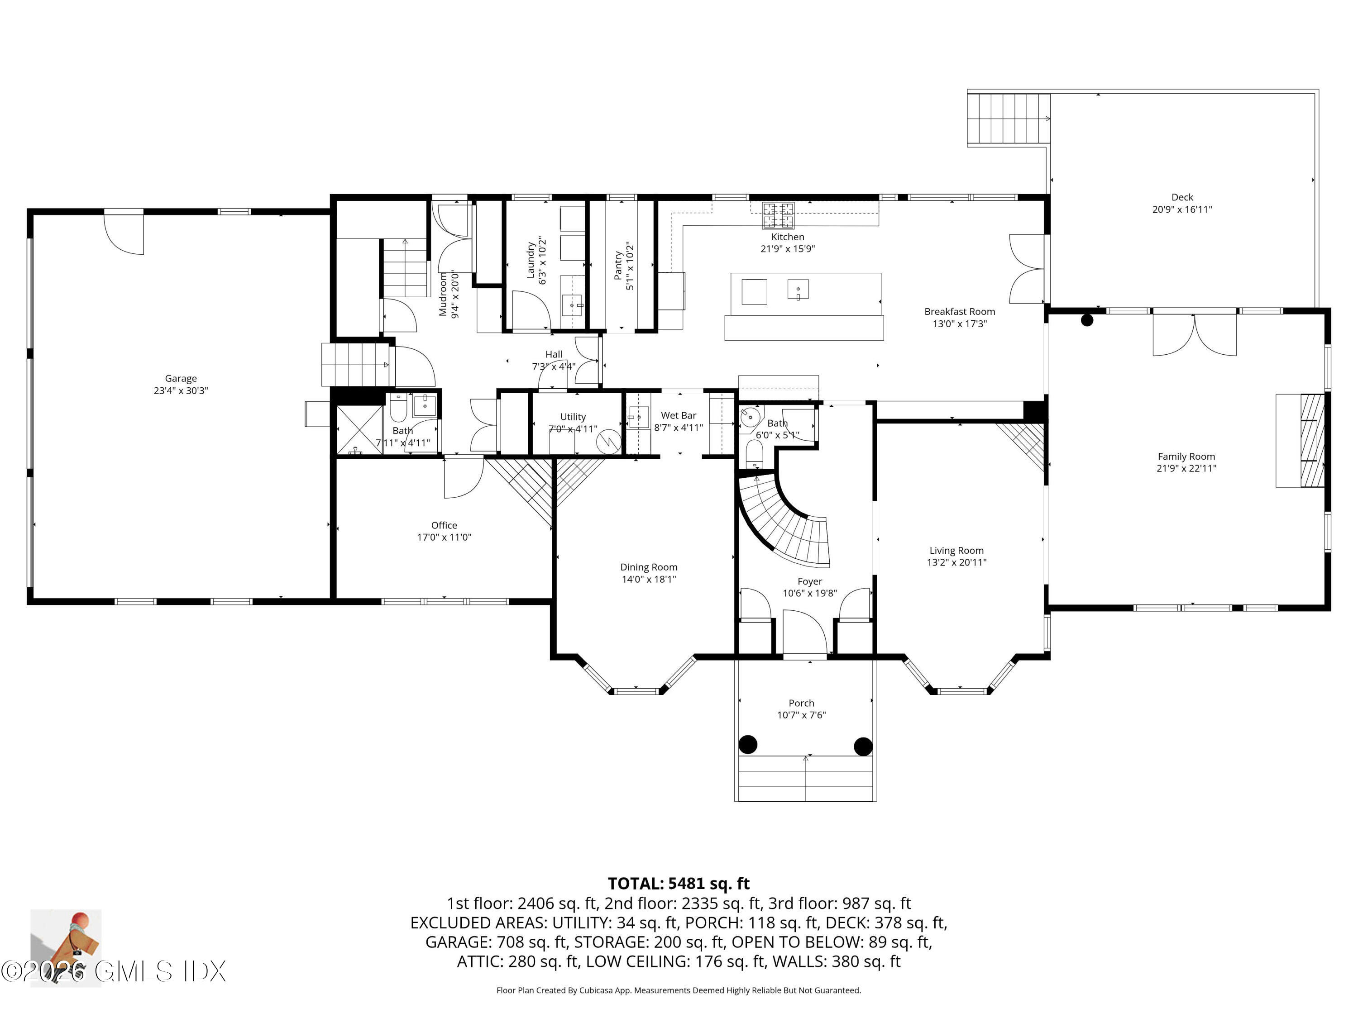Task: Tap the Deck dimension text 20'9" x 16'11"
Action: pos(1182,209)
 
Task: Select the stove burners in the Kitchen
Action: pos(778,215)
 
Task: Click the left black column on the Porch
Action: pos(747,745)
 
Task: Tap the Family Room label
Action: pos(1186,457)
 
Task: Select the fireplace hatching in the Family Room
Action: pos(1313,440)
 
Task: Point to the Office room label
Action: pos(444,525)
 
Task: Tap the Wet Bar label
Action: pos(679,415)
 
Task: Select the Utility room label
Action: pos(573,417)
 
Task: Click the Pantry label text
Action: pos(618,266)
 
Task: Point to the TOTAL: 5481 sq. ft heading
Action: pos(679,883)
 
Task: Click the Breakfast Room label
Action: pos(960,312)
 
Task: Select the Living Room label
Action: pos(956,551)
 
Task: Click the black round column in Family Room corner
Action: pos(1087,320)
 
